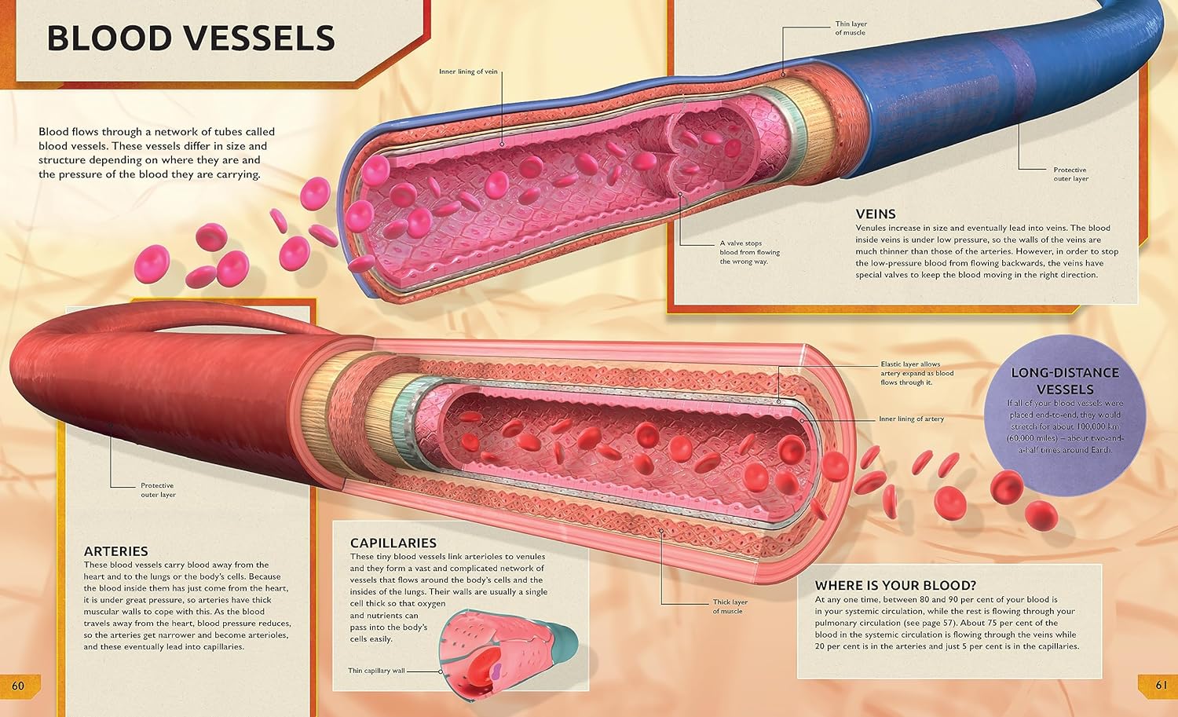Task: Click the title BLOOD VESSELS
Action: [x=191, y=38]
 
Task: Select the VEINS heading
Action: [x=876, y=214]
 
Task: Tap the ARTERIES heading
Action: [x=115, y=551]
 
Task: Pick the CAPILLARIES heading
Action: [x=393, y=543]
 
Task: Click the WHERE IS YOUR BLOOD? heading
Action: [x=895, y=585]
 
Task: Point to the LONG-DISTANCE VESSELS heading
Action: [x=1064, y=381]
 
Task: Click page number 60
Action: [x=18, y=686]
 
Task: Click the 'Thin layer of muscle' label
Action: [x=851, y=28]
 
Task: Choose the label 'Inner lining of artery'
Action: [x=911, y=419]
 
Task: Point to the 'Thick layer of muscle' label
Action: [x=730, y=606]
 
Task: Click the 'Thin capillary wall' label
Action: [x=376, y=671]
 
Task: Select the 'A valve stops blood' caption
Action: [x=749, y=252]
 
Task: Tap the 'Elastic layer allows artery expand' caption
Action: [x=916, y=373]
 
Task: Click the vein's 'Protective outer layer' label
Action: [x=1070, y=174]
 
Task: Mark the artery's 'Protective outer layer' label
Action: [x=158, y=490]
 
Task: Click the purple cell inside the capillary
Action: [x=497, y=671]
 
